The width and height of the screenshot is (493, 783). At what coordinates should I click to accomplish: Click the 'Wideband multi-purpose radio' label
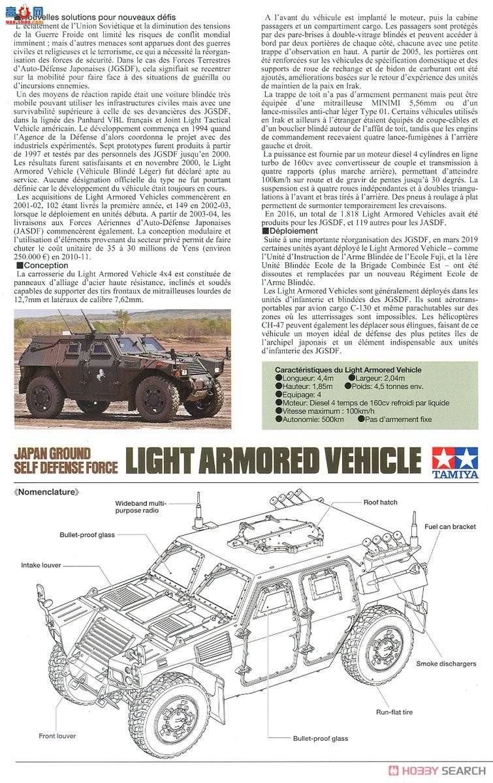pos(141,508)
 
